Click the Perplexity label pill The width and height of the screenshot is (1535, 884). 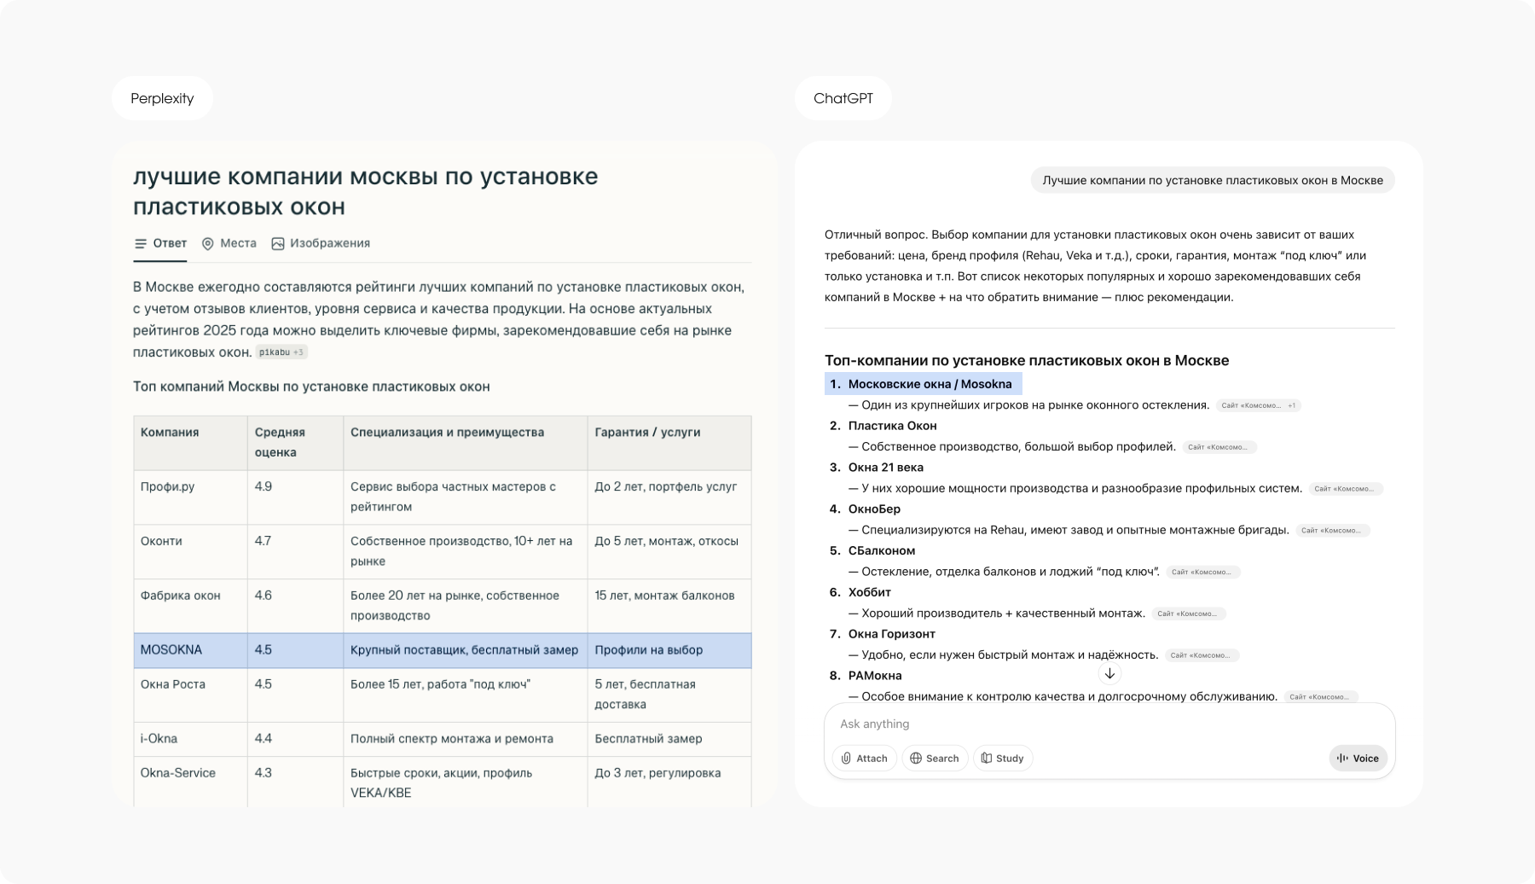point(162,98)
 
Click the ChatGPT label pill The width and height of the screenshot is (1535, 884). point(843,98)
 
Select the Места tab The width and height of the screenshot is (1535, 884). point(229,243)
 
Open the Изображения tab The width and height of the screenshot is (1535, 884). point(321,243)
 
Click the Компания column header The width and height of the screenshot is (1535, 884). point(170,433)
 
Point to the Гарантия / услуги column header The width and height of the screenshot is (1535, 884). point(647,433)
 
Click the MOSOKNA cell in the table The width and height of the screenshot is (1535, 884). point(171,650)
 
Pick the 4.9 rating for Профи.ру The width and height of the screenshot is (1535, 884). point(263,486)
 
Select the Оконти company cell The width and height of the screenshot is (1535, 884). point(161,541)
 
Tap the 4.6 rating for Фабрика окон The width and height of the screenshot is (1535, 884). point(263,596)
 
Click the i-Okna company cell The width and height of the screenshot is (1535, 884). point(159,739)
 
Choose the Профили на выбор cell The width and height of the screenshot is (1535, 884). point(648,650)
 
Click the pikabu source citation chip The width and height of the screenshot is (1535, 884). point(281,352)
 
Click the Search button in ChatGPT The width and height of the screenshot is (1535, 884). point(935,758)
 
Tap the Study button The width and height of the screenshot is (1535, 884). point(1002,758)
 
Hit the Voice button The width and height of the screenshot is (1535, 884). point(1358,758)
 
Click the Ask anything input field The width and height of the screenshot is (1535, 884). point(1066,724)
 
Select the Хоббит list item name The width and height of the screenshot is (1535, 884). point(869,592)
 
